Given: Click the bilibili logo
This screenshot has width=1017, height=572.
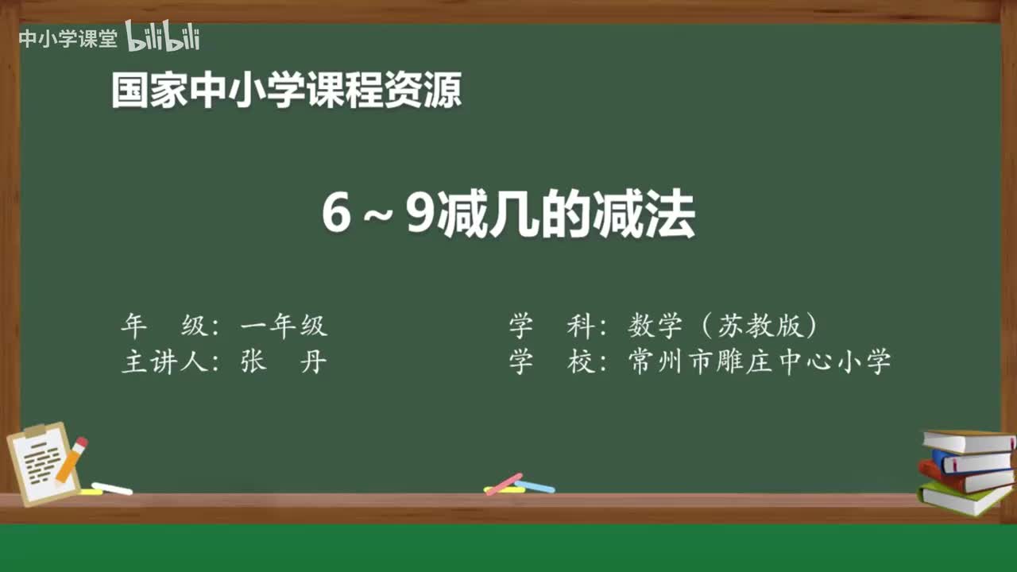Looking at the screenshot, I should click(163, 37).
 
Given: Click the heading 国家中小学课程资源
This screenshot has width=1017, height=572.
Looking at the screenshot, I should click(286, 91).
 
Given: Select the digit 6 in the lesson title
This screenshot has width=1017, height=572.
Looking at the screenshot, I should click(336, 214).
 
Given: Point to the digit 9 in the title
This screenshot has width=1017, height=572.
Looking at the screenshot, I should click(419, 214).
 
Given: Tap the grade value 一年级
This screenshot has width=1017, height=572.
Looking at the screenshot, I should click(284, 326).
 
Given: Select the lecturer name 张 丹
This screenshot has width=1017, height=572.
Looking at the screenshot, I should click(284, 362).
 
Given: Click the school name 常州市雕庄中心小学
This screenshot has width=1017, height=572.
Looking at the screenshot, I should click(759, 362).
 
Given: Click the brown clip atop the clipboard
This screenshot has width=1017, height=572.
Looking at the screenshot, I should click(37, 431).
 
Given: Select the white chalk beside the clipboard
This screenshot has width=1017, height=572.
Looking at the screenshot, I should click(112, 489).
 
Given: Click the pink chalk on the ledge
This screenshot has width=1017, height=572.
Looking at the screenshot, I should click(504, 483).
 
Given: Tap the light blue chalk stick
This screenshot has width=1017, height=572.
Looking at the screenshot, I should click(535, 486).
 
